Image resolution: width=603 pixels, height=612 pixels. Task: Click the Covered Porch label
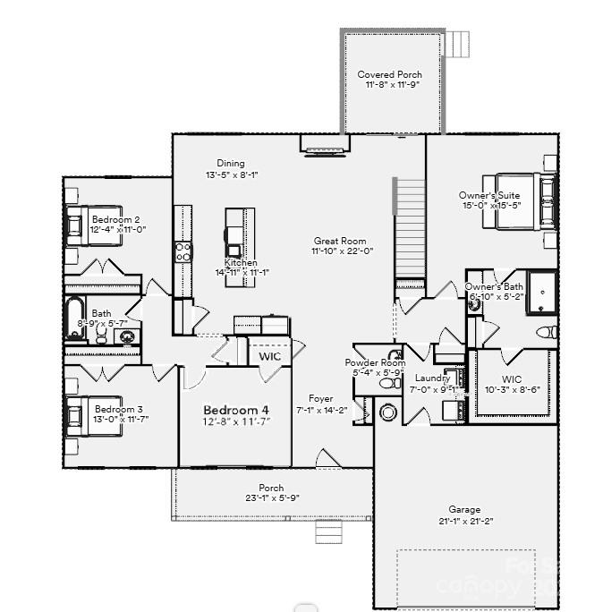pyautogui.click(x=389, y=75)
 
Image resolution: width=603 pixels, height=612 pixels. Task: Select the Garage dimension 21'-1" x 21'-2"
pyautogui.click(x=464, y=521)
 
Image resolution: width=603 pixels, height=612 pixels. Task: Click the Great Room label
pyautogui.click(x=340, y=241)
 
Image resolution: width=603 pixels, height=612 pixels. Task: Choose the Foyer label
pyautogui.click(x=321, y=399)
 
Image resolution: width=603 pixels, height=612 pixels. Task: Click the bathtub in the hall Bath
pyautogui.click(x=74, y=318)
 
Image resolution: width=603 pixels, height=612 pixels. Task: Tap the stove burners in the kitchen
pyautogui.click(x=183, y=251)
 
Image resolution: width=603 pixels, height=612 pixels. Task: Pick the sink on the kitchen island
pyautogui.click(x=234, y=250)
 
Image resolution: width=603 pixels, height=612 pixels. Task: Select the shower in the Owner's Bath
pyautogui.click(x=541, y=293)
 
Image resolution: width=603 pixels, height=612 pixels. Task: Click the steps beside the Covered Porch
pyautogui.click(x=458, y=44)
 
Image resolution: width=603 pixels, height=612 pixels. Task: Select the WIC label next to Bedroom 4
pyautogui.click(x=270, y=356)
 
